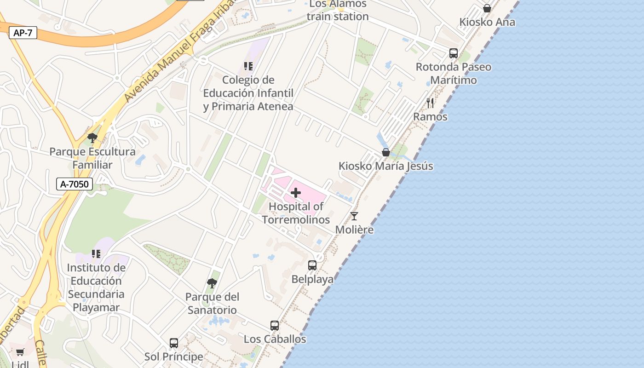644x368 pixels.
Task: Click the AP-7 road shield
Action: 23,33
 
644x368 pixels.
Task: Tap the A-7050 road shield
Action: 75,184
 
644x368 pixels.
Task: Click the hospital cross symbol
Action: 296,193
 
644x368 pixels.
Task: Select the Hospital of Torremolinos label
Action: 296,213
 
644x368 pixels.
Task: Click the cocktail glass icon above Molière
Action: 354,216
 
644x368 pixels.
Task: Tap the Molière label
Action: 354,230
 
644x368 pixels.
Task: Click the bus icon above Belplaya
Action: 312,265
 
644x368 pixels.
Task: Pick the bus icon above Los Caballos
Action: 275,326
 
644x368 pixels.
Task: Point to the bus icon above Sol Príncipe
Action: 173,343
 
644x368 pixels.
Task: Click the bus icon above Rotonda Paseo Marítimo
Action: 454,53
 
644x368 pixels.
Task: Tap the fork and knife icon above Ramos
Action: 430,103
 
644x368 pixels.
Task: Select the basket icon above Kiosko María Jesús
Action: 386,152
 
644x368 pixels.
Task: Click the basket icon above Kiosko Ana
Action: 487,8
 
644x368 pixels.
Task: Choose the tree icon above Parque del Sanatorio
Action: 212,283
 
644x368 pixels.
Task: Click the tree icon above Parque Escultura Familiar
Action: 92,138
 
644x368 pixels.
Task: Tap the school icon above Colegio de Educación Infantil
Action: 248,66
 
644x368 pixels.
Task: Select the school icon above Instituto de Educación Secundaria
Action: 96,254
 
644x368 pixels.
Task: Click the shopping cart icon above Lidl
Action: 20,352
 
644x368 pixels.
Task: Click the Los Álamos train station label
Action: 338,10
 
